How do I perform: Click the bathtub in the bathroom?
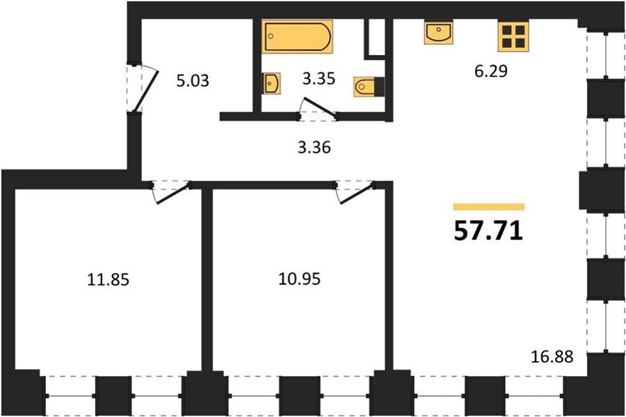(298, 36)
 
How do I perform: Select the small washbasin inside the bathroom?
(271, 84)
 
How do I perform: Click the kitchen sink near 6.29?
(438, 33)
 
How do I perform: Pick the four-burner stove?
(513, 36)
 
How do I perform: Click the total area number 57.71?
(488, 231)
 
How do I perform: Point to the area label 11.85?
(109, 280)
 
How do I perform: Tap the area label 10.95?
(299, 278)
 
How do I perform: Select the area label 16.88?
(552, 356)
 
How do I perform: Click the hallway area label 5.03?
(193, 81)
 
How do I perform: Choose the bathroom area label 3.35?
(318, 79)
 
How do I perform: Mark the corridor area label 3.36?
(314, 148)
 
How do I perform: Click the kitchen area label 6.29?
(490, 71)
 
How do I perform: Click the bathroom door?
(320, 108)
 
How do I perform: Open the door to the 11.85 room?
(172, 194)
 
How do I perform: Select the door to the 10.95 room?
(356, 194)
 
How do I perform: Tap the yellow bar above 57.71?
(489, 207)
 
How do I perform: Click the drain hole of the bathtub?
(271, 36)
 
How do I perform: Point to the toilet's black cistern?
(379, 87)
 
